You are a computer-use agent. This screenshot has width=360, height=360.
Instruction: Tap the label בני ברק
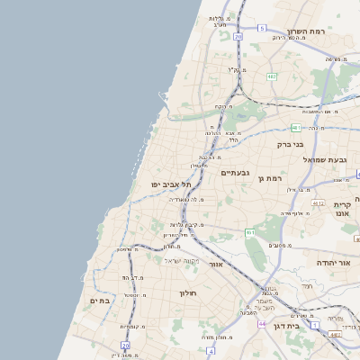point(289,143)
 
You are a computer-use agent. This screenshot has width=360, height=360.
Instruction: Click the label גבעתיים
point(234,172)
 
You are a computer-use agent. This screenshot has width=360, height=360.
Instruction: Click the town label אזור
point(216,265)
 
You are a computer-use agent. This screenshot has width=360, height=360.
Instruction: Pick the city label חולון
point(188,293)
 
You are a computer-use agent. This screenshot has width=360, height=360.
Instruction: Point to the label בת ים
point(99,301)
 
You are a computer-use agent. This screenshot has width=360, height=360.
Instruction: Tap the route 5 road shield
point(262,29)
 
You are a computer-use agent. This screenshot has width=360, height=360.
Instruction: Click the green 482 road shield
point(272,76)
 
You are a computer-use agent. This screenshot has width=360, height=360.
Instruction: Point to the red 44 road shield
point(261,323)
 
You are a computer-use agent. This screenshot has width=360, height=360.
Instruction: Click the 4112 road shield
point(318,203)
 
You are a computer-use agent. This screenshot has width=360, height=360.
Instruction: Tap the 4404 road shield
point(336,335)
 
